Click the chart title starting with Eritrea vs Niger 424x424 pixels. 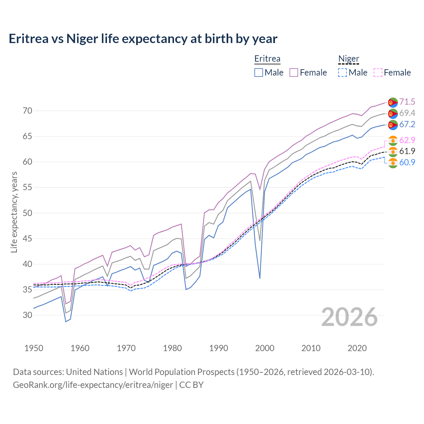pos(143,39)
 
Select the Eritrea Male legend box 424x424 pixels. pos(259,73)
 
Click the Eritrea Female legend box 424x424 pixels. pos(294,73)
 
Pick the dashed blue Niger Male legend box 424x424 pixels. pos(343,73)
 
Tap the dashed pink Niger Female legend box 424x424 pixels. pos(378,73)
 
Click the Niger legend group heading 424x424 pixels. pos(348,59)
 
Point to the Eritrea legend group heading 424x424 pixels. pos(267,59)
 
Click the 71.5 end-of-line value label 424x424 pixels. pos(407,102)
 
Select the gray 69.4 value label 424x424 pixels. pos(407,113)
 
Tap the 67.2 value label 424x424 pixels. pos(407,124)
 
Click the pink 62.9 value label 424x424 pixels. pos(407,140)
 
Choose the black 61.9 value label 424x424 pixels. pos(407,151)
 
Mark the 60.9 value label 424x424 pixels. pos(407,162)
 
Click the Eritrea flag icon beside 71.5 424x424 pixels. pos(393,102)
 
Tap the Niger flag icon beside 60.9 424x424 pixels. pos(393,163)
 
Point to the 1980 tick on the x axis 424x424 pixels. pos(172,348)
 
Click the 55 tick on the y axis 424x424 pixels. pos(27,187)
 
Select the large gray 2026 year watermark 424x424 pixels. pos(349,317)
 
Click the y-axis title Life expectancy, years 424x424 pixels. pos(14,212)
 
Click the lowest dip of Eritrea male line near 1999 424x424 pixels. pos(260,278)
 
